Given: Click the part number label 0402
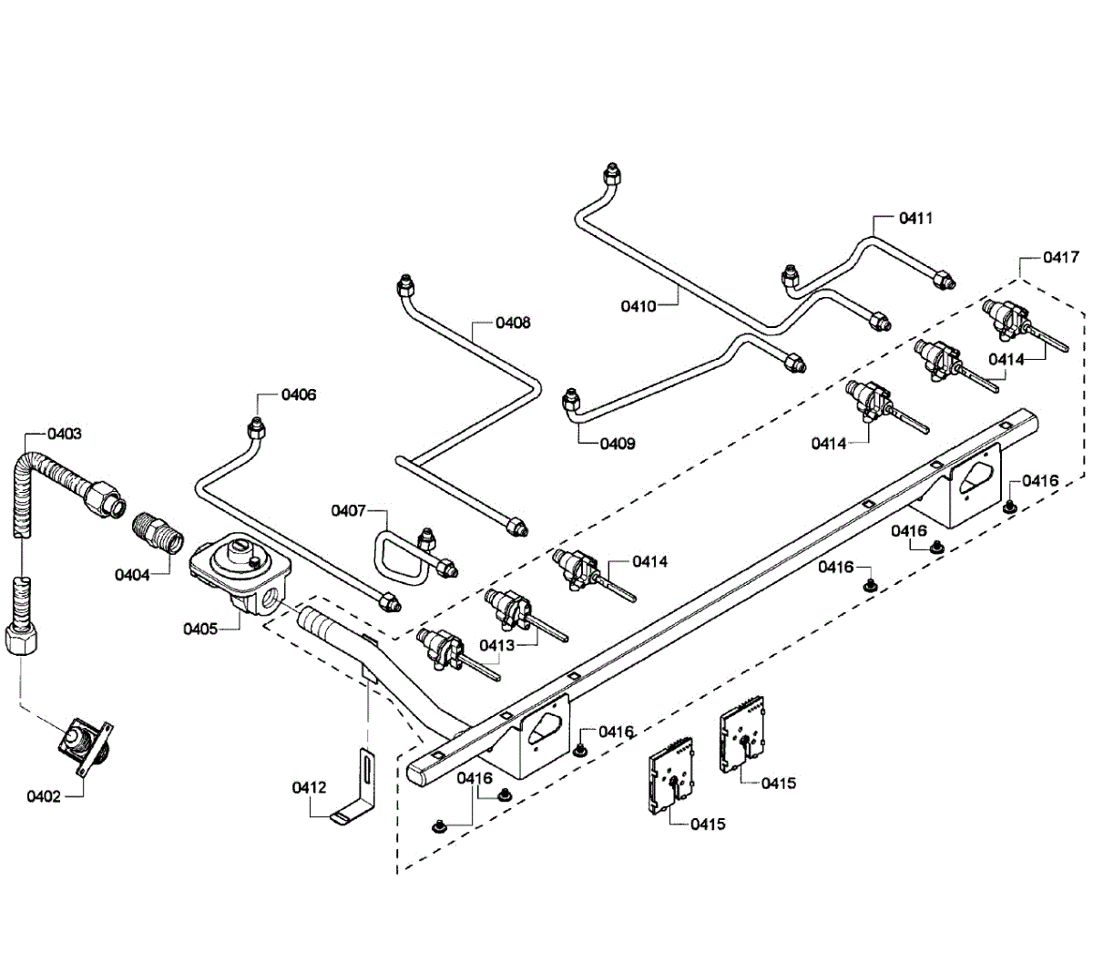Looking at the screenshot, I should point(43,796).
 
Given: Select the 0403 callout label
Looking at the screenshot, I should point(64,434).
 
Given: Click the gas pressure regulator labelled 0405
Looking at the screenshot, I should point(241,572).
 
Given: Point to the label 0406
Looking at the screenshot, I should point(298,394).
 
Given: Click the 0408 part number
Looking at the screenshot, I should point(513,323).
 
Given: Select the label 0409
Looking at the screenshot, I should point(618,444).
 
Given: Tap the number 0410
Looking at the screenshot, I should point(638,306).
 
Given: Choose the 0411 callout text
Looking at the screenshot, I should point(915,218).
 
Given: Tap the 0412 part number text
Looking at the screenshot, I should point(310,786).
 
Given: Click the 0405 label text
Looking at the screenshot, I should point(200,628).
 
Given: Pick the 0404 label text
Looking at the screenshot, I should point(132,575).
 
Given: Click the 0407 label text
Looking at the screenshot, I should point(348,510).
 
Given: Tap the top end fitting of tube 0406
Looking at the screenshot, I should point(258,426).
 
